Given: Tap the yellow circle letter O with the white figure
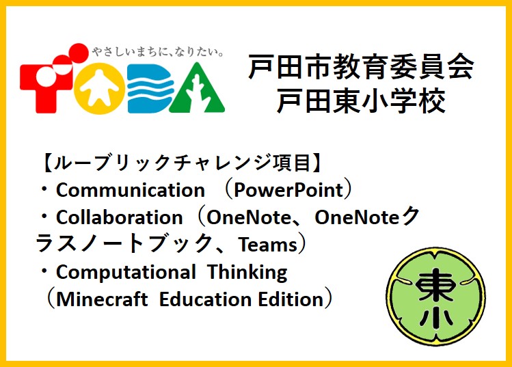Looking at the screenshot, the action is coord(100,88).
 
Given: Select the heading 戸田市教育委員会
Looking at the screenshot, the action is coord(361,67).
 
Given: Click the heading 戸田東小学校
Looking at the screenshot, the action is coord(361,101).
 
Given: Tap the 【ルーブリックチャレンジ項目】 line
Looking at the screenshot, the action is coord(180,163).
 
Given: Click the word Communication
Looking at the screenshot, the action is coord(131,190).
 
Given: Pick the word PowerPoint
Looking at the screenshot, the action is coord(288,190).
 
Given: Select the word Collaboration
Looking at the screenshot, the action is coord(119,217).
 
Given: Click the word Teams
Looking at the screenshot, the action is coord(267,244).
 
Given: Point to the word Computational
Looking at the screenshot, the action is coord(126,272).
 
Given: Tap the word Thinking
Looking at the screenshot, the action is coord(247,272).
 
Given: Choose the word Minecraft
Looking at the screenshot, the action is coord(102,299).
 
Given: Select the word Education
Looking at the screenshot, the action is coord(205,299).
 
